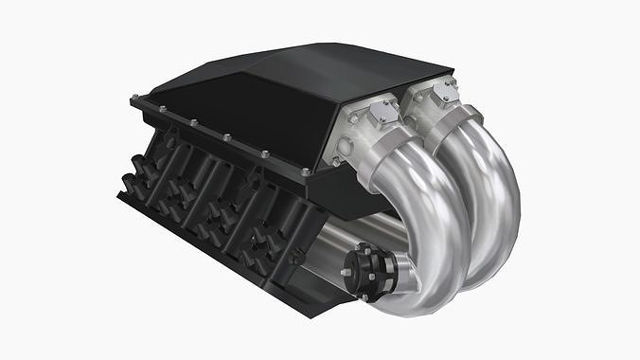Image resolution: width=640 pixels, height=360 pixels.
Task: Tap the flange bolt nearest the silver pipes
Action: click(305, 172)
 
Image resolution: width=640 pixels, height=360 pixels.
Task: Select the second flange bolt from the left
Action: click(164, 110)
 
